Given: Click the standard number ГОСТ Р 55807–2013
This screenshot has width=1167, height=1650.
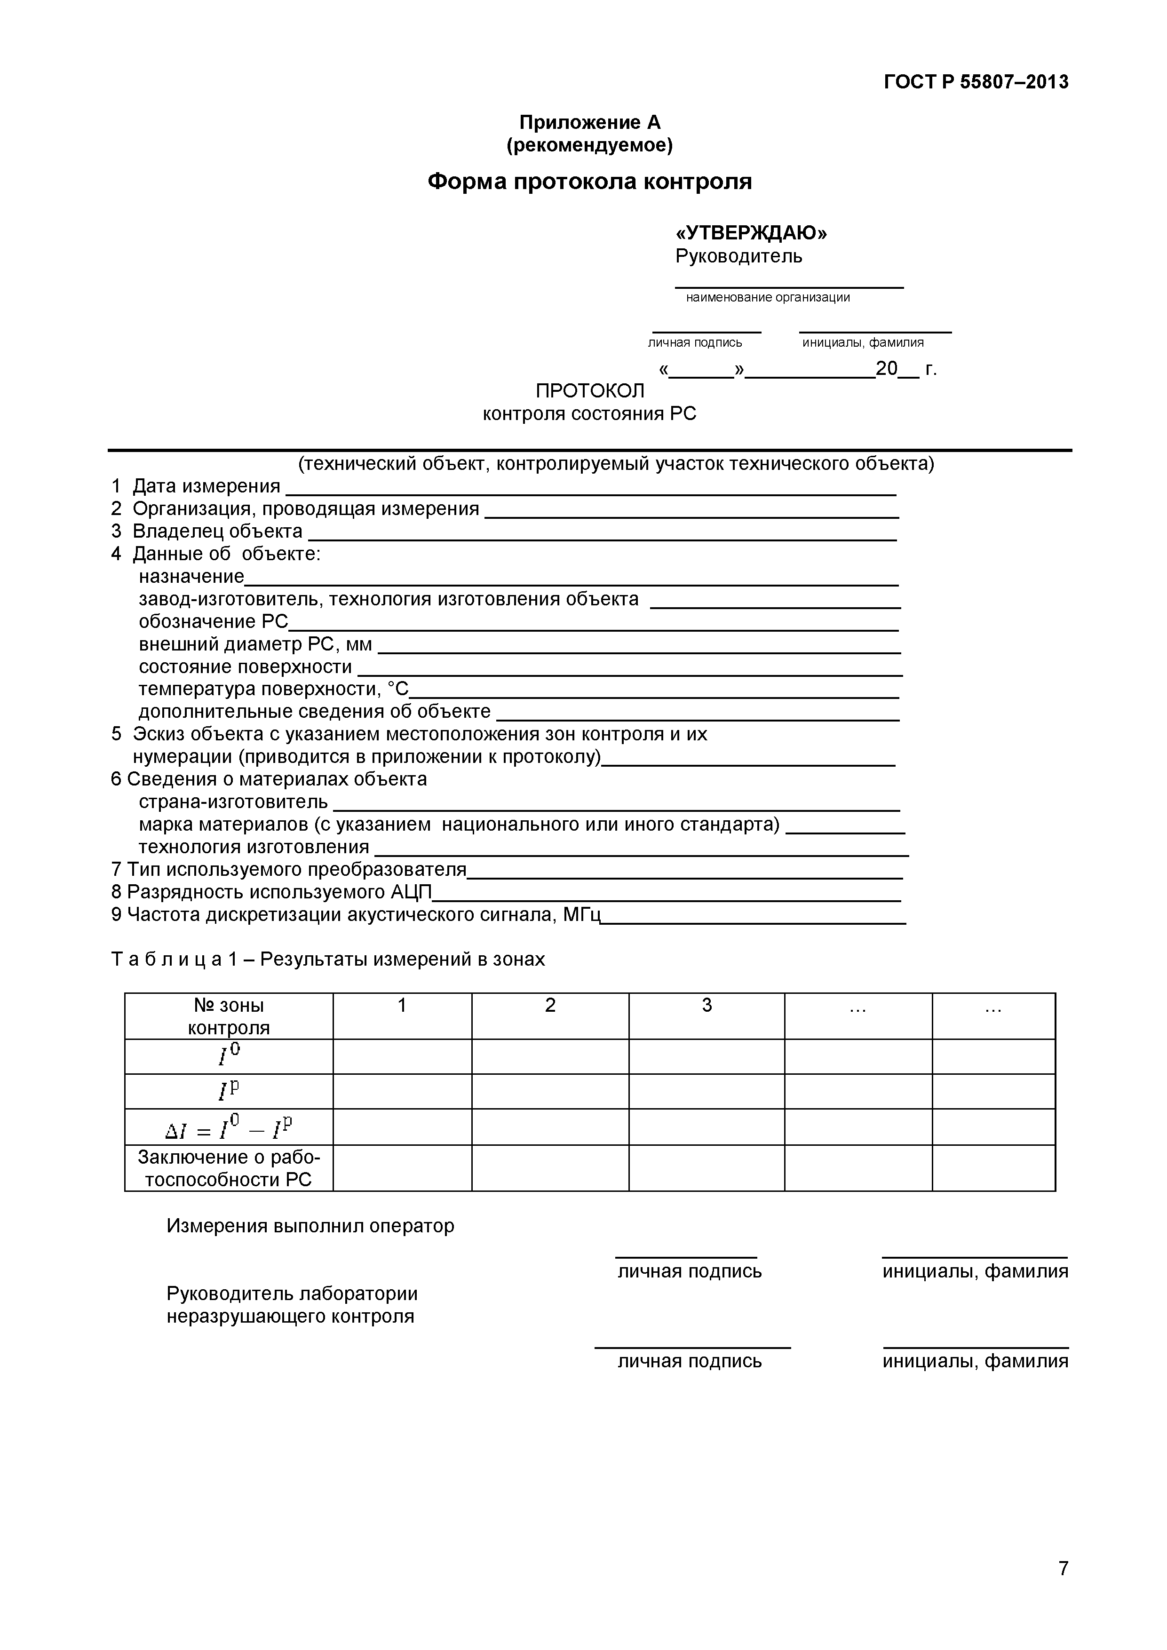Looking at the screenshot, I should [975, 82].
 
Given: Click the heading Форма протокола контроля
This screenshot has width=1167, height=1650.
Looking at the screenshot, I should [589, 181].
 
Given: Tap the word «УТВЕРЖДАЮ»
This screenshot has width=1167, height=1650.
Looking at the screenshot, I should [750, 233].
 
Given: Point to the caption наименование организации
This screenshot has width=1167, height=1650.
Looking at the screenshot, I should [768, 298].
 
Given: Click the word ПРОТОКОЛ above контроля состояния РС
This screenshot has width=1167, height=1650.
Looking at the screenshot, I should [590, 390].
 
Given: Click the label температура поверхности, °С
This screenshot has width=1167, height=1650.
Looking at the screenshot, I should [273, 689].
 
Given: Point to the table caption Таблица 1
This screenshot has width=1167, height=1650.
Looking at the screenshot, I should [328, 960].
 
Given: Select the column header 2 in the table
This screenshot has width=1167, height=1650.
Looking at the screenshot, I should [550, 1005].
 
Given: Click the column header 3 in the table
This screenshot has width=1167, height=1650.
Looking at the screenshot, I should [707, 1005].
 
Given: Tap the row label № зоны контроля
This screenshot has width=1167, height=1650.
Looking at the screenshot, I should [229, 1016].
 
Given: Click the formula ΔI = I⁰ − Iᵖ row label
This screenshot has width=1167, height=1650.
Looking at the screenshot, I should [229, 1127].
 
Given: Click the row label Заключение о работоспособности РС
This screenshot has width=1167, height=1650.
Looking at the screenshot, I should [229, 1168].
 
